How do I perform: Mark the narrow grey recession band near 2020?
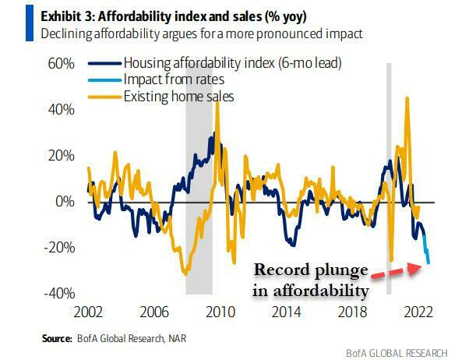(390, 179)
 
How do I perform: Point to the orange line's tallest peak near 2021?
(407, 97)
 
